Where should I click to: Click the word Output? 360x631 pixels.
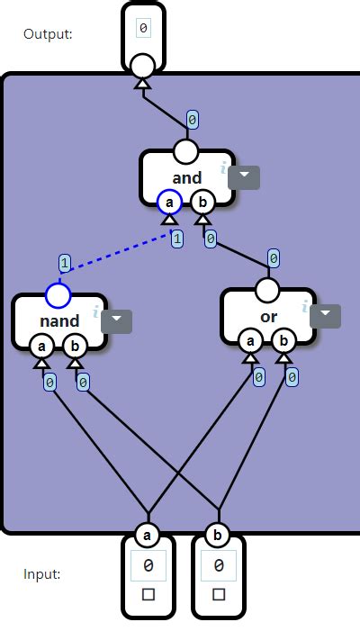(x=48, y=34)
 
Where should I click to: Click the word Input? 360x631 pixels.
(x=41, y=573)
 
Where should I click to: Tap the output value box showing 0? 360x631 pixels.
(x=144, y=28)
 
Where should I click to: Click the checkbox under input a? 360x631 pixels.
(x=148, y=594)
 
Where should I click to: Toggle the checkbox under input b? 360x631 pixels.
(x=219, y=594)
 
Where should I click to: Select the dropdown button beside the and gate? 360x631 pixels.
(x=244, y=177)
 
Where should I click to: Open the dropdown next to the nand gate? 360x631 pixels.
(x=116, y=321)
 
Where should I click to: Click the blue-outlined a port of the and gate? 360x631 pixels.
(x=169, y=202)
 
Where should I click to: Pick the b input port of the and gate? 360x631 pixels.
(x=202, y=202)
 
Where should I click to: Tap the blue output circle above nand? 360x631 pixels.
(x=58, y=295)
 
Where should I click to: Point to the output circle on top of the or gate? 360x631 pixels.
(x=267, y=290)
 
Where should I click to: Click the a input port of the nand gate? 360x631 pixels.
(x=40, y=346)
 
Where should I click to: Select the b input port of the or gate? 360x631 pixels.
(x=283, y=340)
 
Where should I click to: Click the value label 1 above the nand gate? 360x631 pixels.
(x=64, y=264)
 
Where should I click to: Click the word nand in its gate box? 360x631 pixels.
(x=59, y=320)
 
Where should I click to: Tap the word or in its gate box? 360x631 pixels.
(x=269, y=317)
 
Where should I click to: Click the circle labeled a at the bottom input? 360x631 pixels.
(x=148, y=536)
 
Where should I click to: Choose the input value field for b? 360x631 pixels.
(x=219, y=566)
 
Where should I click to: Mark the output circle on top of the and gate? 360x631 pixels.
(x=184, y=150)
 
